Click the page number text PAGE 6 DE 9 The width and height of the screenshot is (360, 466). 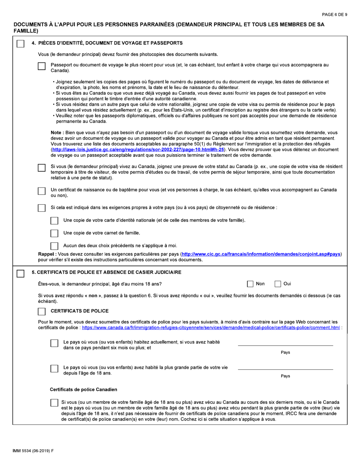(x=334, y=14)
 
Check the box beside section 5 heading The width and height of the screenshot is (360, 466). (x=21, y=273)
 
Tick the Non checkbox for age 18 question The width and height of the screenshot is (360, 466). (x=250, y=284)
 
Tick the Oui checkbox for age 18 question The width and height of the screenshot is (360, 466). (x=278, y=284)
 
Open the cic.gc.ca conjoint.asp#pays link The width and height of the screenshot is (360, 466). (x=261, y=254)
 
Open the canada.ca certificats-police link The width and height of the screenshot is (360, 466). (x=211, y=328)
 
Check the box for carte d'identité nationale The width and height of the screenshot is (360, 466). (x=55, y=220)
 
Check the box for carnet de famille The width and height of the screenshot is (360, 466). (x=55, y=233)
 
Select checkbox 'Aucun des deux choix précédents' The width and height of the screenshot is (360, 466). (x=55, y=246)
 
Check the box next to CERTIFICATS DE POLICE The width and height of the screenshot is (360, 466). (x=42, y=311)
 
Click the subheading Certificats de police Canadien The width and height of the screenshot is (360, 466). (x=83, y=389)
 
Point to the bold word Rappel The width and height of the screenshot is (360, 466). (x=47, y=254)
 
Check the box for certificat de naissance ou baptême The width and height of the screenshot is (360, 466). (x=42, y=191)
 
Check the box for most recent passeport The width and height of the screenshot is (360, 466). (x=42, y=66)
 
